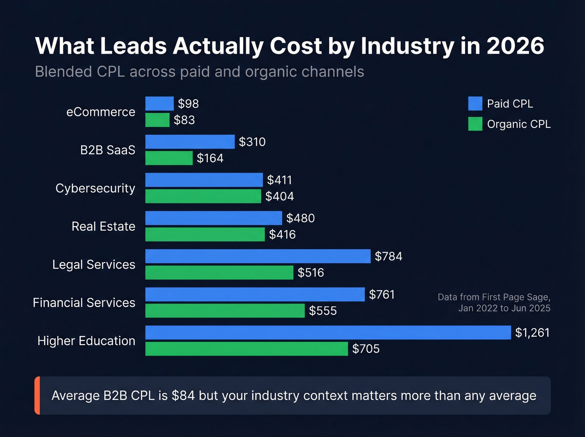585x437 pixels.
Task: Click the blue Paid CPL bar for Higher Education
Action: coord(328,332)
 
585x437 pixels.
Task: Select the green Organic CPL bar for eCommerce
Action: coord(158,120)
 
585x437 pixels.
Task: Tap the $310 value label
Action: coord(252,142)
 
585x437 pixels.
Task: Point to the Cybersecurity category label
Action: coord(95,188)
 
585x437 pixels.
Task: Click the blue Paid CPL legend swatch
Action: coord(475,103)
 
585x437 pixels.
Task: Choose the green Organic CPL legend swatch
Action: coord(475,124)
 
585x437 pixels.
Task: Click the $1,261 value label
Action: coord(532,332)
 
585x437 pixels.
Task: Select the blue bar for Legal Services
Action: coord(258,256)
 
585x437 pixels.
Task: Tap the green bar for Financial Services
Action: coord(225,311)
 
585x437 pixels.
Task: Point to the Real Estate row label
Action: coord(103,226)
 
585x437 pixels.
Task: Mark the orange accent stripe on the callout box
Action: coord(37,396)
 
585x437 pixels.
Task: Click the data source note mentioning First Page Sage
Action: coord(494,302)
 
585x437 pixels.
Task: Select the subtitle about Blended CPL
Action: coord(199,72)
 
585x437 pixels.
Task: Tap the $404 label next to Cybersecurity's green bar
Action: coord(280,196)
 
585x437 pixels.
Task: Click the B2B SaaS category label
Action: coord(107,150)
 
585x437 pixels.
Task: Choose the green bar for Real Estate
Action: coord(205,234)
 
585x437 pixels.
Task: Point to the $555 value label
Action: coord(323,311)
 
